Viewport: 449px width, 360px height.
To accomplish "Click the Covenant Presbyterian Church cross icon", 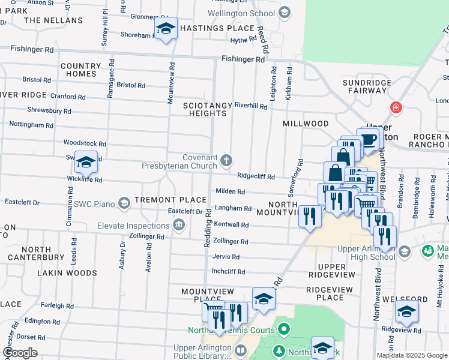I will pyautogui.click(x=226, y=160).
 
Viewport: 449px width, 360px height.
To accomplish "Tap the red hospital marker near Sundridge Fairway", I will pyautogui.click(x=396, y=108).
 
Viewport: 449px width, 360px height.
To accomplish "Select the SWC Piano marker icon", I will pyautogui.click(x=124, y=203).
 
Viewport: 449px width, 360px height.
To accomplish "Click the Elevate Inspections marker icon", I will pyautogui.click(x=178, y=226).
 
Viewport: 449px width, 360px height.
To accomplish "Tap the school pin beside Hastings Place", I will pyautogui.click(x=166, y=28).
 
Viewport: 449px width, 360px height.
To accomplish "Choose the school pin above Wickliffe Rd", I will pyautogui.click(x=86, y=161).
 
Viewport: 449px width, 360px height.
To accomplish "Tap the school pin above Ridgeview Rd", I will pyautogui.click(x=406, y=311).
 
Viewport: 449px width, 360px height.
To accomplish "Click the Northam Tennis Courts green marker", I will pyautogui.click(x=285, y=329).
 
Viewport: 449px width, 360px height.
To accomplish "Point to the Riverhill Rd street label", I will pyautogui.click(x=250, y=106).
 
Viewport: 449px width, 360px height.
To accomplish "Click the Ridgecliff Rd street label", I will pyautogui.click(x=256, y=176).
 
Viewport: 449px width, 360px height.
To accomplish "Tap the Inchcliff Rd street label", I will pyautogui.click(x=229, y=272).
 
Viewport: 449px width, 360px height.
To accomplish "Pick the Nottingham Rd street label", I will pyautogui.click(x=31, y=125).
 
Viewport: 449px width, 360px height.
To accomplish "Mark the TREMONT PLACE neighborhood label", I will pyautogui.click(x=162, y=199).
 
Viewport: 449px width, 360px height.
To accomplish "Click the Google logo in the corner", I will pyautogui.click(x=20, y=353).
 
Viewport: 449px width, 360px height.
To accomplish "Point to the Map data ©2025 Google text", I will pyautogui.click(x=412, y=355).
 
